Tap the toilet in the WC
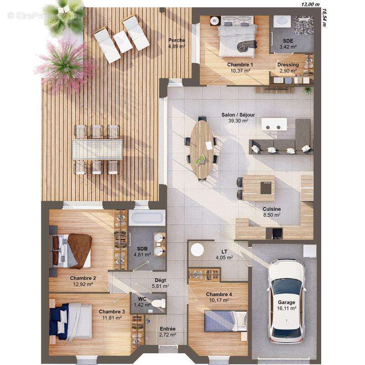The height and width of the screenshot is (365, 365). click(158, 303)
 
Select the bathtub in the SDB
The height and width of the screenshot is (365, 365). click(147, 218)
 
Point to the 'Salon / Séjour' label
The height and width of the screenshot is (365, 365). click(238, 115)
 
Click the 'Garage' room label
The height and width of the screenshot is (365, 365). click(287, 302)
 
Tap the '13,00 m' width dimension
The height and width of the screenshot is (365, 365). click(311, 5)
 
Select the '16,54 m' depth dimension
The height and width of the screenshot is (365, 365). click(324, 18)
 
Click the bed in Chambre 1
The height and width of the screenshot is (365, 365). click(236, 37)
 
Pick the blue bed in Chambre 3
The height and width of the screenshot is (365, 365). click(71, 321)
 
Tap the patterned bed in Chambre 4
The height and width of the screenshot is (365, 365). click(225, 321)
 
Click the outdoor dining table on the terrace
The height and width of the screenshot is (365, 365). click(97, 150)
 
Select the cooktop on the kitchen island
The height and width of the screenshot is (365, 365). click(266, 188)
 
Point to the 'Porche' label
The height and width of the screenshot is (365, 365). click(177, 40)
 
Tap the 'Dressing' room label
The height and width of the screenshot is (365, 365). click(288, 64)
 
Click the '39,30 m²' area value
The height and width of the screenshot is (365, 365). click(238, 120)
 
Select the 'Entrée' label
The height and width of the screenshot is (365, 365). click(167, 328)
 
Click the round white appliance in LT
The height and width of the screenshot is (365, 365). click(197, 250)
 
